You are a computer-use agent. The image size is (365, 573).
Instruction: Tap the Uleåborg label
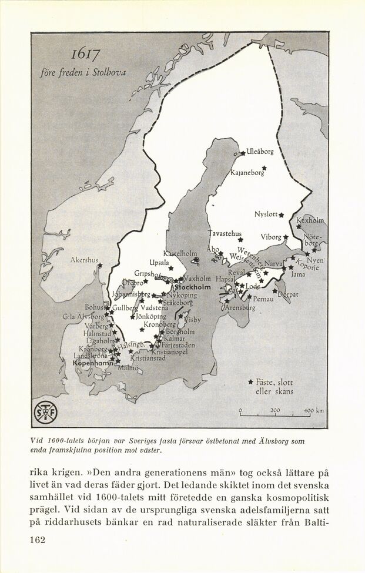point(260,152)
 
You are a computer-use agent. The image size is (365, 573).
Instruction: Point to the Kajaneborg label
point(247,173)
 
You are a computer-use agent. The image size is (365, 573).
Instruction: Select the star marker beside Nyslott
point(282,215)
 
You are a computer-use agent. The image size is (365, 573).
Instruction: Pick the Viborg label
point(271,237)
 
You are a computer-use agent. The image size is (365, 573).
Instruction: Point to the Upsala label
point(159,262)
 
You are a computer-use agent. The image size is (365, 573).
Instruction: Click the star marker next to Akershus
point(100,266)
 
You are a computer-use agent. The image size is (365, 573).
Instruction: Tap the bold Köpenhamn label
point(93,364)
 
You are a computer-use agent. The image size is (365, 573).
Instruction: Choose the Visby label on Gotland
point(192,320)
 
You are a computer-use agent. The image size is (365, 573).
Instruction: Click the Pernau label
point(263,299)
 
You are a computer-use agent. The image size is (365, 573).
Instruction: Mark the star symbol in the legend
point(250,381)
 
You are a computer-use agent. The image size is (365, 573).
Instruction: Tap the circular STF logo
point(45,413)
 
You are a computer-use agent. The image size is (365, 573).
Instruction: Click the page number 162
point(37,539)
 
